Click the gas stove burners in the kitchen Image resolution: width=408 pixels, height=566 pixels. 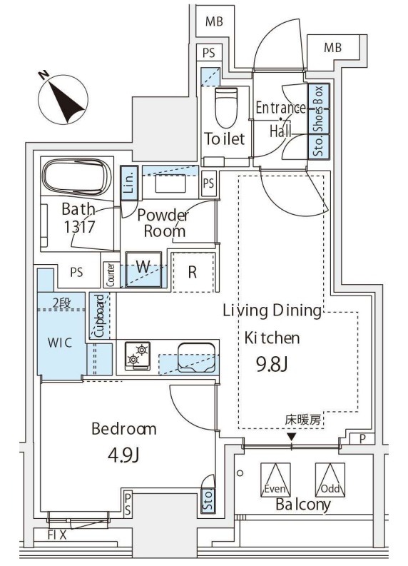[136, 355]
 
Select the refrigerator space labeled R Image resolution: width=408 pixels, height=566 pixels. [193, 271]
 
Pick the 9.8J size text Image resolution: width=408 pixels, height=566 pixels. [272, 365]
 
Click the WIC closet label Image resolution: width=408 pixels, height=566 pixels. [60, 342]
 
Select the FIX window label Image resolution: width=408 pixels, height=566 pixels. [57, 534]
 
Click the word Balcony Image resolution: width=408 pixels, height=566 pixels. [303, 504]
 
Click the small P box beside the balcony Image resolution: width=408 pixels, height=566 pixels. [363, 439]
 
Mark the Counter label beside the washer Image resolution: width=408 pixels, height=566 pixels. [111, 273]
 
